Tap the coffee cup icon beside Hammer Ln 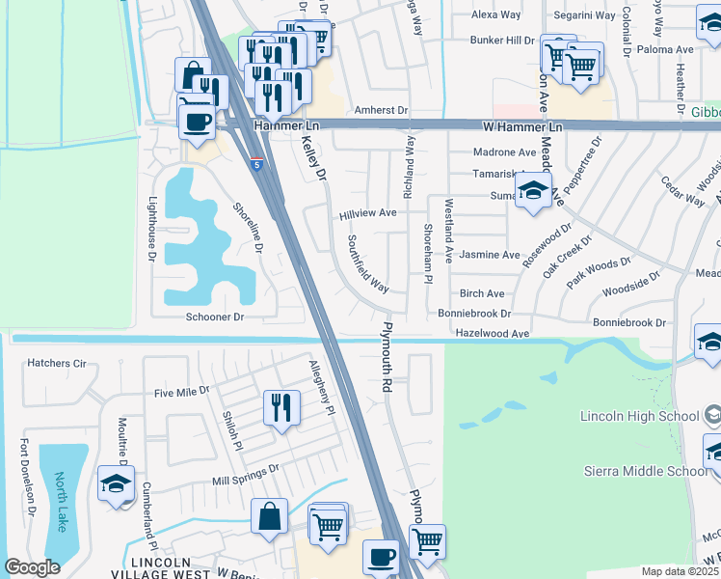[x=198, y=123]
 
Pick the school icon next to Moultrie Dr [x=116, y=483]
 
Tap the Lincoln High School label [x=639, y=417]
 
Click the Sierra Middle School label [x=639, y=471]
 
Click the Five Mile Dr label [x=182, y=393]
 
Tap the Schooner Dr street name [x=215, y=317]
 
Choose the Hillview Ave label [x=367, y=213]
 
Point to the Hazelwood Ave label [x=493, y=334]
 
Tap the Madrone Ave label [x=504, y=152]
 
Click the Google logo [x=33, y=567]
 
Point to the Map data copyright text [x=679, y=571]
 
